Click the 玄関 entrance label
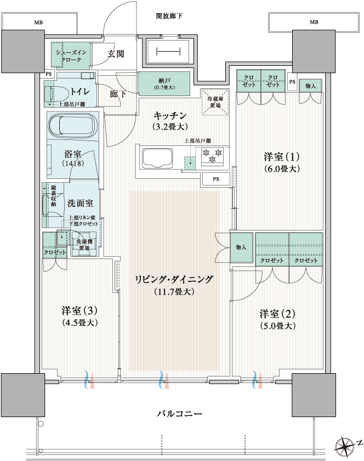[116, 54]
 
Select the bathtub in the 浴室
[73, 126]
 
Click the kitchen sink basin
[157, 158]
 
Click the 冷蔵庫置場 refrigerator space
[215, 102]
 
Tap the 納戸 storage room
[164, 83]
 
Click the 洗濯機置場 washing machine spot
[84, 244]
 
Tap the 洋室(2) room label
[277, 319]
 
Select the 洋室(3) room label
[79, 316]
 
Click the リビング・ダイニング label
[174, 284]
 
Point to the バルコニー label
[179, 414]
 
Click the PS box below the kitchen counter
[216, 179]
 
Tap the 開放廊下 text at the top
[169, 16]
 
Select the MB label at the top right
[314, 22]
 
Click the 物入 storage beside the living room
[241, 248]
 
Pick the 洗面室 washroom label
[80, 203]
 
